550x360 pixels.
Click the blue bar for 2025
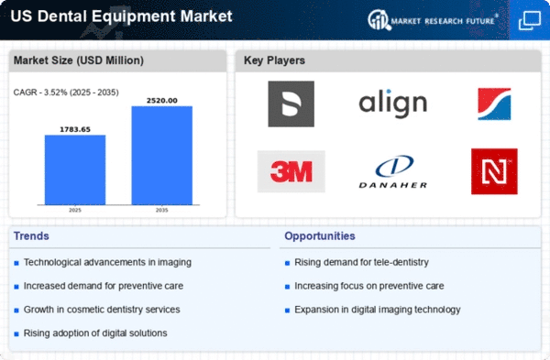pos(75,169)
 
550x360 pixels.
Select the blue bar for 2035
pos(162,156)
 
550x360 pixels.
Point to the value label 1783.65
pos(75,129)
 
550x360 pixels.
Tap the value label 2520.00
pos(162,101)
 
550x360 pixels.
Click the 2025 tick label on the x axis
pos(75,210)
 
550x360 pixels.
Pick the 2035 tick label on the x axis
pos(161,210)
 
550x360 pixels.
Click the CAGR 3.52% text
pos(66,93)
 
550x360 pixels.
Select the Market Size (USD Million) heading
pos(79,60)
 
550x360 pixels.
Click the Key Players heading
pos(274,60)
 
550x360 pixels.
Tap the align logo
pos(393,104)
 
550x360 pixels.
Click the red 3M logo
pos(291,171)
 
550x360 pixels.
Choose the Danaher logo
pos(393,172)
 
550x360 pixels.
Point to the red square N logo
pos(494,171)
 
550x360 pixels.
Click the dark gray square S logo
pos(291,104)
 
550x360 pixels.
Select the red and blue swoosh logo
pos(494,104)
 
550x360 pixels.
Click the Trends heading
pos(31,236)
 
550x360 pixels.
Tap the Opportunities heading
pos(320,236)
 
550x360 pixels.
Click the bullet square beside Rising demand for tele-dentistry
pos(287,263)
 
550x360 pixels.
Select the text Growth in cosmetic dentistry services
pos(102,310)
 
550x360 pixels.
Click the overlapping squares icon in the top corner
pos(530,20)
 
